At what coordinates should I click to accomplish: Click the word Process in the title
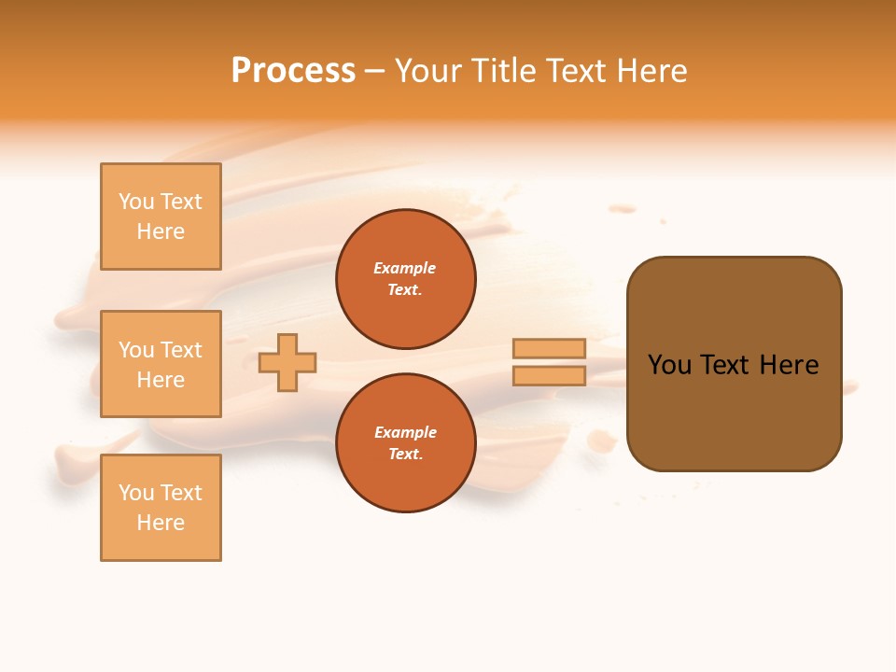click(x=293, y=71)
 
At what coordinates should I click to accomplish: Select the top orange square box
click(x=161, y=217)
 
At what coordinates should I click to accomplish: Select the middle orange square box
click(x=161, y=364)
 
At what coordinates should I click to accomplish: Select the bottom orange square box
click(x=161, y=508)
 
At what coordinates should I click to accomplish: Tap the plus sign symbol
click(x=287, y=362)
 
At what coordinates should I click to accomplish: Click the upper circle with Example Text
click(x=405, y=279)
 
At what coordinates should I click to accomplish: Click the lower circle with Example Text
click(x=405, y=443)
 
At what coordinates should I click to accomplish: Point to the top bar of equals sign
click(x=550, y=349)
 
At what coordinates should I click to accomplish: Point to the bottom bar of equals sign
click(x=550, y=376)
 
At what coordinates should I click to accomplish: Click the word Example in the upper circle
click(x=405, y=269)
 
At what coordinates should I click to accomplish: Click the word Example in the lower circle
click(x=405, y=433)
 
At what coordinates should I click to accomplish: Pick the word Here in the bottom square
click(x=161, y=524)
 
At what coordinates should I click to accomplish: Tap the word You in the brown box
click(x=669, y=365)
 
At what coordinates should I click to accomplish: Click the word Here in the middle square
click(x=161, y=380)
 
